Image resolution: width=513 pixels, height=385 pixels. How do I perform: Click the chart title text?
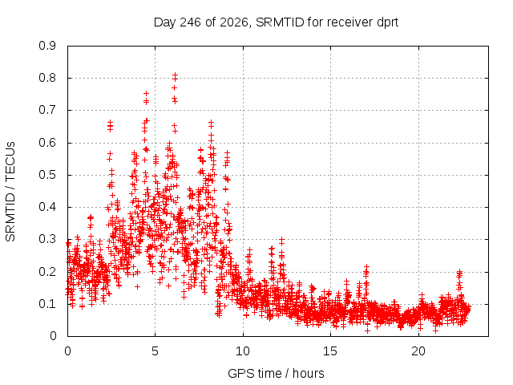[x=276, y=22]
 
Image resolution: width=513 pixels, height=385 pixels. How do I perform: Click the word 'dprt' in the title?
[x=388, y=23]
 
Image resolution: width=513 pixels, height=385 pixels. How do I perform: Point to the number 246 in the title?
[x=191, y=22]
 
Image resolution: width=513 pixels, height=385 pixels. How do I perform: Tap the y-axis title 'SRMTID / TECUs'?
[x=10, y=192]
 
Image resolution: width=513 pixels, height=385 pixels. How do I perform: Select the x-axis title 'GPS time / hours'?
[x=276, y=373]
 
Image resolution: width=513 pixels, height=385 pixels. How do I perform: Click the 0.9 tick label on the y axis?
[x=47, y=46]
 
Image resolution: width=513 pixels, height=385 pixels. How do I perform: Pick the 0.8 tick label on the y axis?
[x=47, y=78]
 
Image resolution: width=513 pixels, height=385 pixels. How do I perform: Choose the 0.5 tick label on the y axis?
[x=47, y=175]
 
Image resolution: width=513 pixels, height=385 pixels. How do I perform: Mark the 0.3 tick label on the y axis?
[x=47, y=239]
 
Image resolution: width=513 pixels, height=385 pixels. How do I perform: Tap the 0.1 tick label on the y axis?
[x=47, y=304]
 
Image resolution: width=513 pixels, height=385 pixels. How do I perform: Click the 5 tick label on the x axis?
[x=155, y=351]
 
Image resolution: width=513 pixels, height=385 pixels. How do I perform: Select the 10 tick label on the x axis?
[x=243, y=351]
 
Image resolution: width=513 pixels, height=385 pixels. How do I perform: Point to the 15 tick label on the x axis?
[x=330, y=351]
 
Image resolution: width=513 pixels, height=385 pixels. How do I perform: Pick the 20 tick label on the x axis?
[x=418, y=351]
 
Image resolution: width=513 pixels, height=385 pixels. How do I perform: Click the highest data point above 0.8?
[x=175, y=75]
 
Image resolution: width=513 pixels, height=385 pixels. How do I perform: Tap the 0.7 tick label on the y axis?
[x=47, y=110]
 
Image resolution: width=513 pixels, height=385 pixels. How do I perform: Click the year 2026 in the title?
[x=234, y=22]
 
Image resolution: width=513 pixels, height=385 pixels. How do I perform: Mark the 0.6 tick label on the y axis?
[x=47, y=143]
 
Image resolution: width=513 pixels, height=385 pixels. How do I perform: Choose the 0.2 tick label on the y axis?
[x=47, y=272]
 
